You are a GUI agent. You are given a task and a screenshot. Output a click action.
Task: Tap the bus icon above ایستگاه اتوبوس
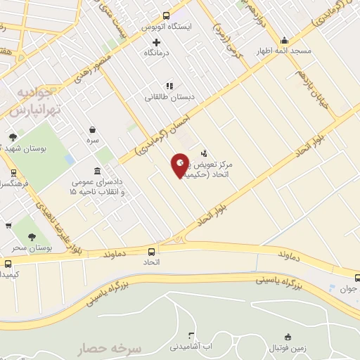click(x=166, y=15)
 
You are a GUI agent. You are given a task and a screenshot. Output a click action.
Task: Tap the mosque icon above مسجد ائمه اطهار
click(x=284, y=40)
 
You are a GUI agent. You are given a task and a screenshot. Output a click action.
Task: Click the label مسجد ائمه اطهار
click(x=284, y=51)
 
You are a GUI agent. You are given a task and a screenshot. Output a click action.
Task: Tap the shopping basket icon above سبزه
click(x=93, y=129)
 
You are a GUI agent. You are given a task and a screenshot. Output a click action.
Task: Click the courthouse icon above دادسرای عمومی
click(x=96, y=171)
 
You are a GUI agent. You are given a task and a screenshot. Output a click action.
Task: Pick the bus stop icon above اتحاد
click(x=151, y=251)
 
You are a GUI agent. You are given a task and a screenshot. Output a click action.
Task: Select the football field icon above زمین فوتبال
click(x=287, y=337)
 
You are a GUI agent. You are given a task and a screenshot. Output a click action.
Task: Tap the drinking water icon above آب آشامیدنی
click(x=190, y=336)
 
